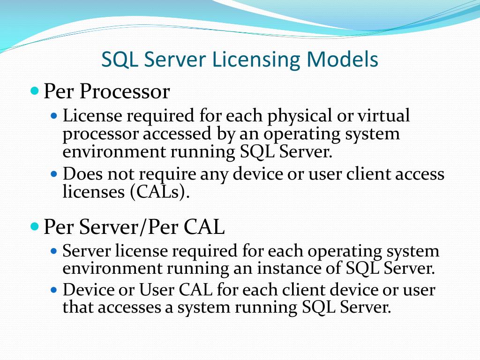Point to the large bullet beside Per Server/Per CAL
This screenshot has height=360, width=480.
pos(34,227)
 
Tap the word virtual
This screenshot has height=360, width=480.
pos(383,115)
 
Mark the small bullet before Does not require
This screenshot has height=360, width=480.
pos(53,173)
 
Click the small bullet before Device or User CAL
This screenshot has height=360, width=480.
pos(53,289)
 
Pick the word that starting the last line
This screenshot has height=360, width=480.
pos(78,307)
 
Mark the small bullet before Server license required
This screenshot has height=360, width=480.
pos(53,251)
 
